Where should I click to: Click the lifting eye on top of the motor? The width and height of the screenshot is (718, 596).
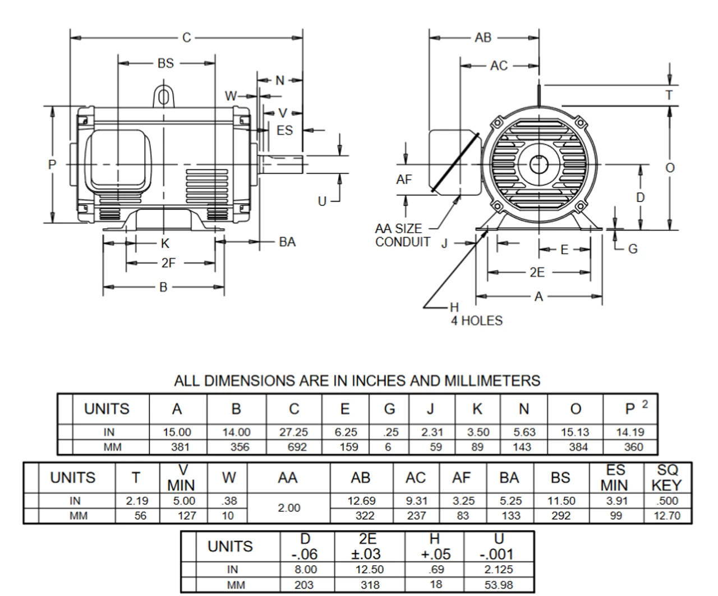pos(164,96)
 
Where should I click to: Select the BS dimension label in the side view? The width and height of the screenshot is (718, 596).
pos(165,63)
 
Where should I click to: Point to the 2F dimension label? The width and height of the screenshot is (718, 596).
pos(168,264)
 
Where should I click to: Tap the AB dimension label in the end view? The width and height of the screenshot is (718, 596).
pos(483,38)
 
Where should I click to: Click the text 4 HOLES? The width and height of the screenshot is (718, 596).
pos(477,321)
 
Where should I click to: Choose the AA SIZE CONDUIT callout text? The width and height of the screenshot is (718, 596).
pos(402,235)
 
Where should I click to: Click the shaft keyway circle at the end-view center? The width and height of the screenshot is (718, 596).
pos(538,165)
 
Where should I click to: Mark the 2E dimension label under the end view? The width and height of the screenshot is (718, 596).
pos(537,272)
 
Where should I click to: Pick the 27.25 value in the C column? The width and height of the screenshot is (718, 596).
pos(293,432)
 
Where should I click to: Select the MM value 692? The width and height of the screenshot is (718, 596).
pos(297,447)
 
